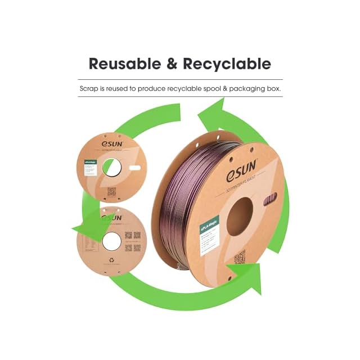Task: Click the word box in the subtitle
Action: pyautogui.click(x=273, y=88)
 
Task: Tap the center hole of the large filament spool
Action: pyautogui.click(x=240, y=217)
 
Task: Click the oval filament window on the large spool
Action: pyautogui.click(x=269, y=200)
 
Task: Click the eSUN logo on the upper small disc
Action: pyautogui.click(x=112, y=143)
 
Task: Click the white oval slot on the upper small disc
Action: pyautogui.click(x=134, y=168)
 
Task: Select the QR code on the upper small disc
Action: pyautogui.click(x=112, y=191)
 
